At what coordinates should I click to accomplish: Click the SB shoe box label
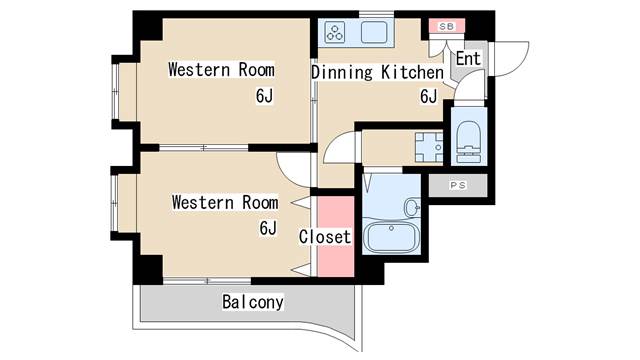tap(446, 27)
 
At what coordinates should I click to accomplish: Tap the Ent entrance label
tap(468, 58)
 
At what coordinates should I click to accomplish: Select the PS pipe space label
tap(458, 185)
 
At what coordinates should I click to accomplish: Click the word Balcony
tap(253, 302)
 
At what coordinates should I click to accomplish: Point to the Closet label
tap(325, 237)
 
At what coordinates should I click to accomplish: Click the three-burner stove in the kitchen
tap(335, 33)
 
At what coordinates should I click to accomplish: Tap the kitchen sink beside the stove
tap(374, 33)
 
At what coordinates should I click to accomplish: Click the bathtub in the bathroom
tap(391, 237)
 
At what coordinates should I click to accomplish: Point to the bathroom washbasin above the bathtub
tap(412, 207)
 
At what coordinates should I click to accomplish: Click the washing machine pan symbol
tap(429, 147)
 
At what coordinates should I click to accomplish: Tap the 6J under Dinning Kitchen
tap(429, 96)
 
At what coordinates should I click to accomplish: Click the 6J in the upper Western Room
tap(264, 96)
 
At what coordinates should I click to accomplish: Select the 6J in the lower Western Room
tap(268, 228)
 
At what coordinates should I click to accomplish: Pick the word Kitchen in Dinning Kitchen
tap(412, 73)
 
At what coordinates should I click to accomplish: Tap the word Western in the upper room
tap(199, 70)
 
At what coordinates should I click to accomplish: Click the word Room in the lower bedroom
tap(260, 203)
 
